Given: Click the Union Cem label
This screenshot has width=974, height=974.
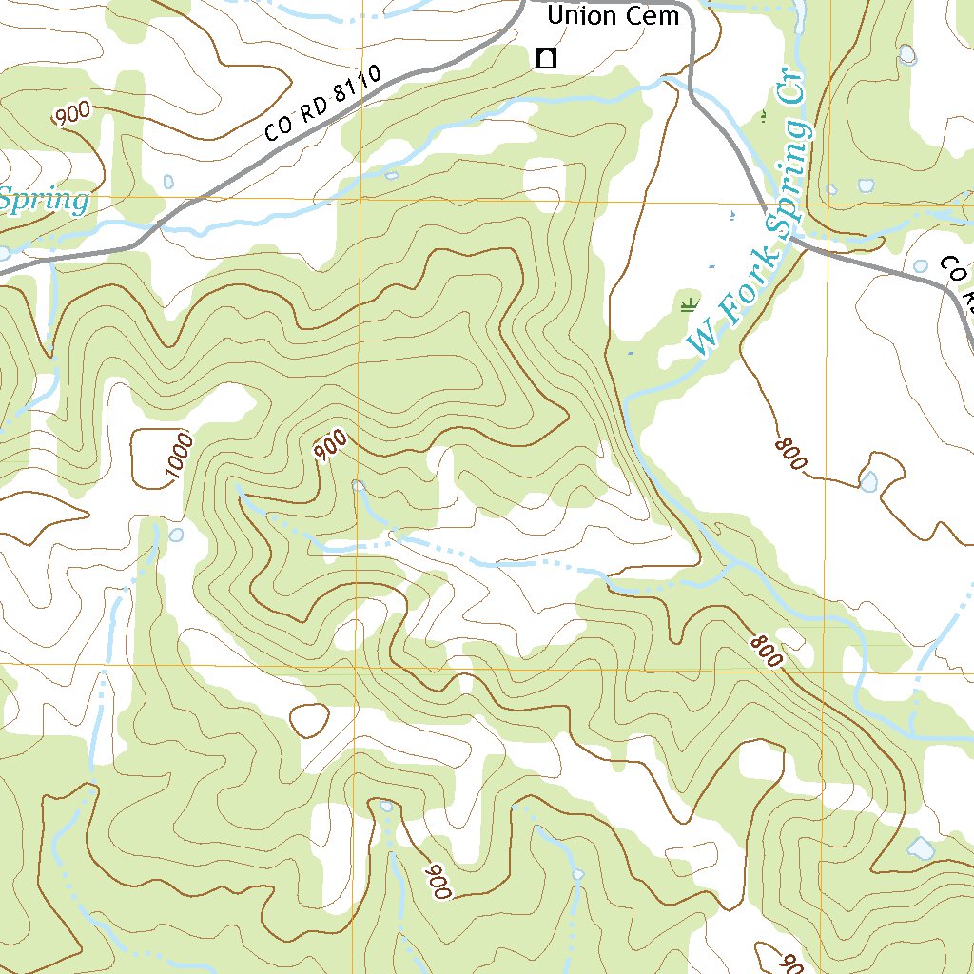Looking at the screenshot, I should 614,16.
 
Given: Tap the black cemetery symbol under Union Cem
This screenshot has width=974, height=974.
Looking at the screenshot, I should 546,59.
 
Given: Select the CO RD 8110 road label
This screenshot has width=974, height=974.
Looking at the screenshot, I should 322,104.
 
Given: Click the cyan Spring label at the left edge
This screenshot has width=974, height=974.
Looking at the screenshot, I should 44,201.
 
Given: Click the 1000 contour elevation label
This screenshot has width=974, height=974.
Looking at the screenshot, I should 179,456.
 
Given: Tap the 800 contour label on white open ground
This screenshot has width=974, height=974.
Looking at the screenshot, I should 791,455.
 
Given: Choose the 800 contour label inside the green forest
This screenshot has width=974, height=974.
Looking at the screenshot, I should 764,652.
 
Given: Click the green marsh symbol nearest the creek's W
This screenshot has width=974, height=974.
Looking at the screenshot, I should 688,305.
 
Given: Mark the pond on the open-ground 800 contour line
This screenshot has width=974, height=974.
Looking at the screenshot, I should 869,481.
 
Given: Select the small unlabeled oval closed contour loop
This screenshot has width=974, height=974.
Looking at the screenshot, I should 309,720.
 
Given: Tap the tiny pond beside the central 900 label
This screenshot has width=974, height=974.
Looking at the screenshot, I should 359,486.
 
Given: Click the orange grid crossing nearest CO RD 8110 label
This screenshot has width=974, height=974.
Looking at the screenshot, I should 360,200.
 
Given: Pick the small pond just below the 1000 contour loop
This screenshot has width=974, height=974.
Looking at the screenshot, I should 176,535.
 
